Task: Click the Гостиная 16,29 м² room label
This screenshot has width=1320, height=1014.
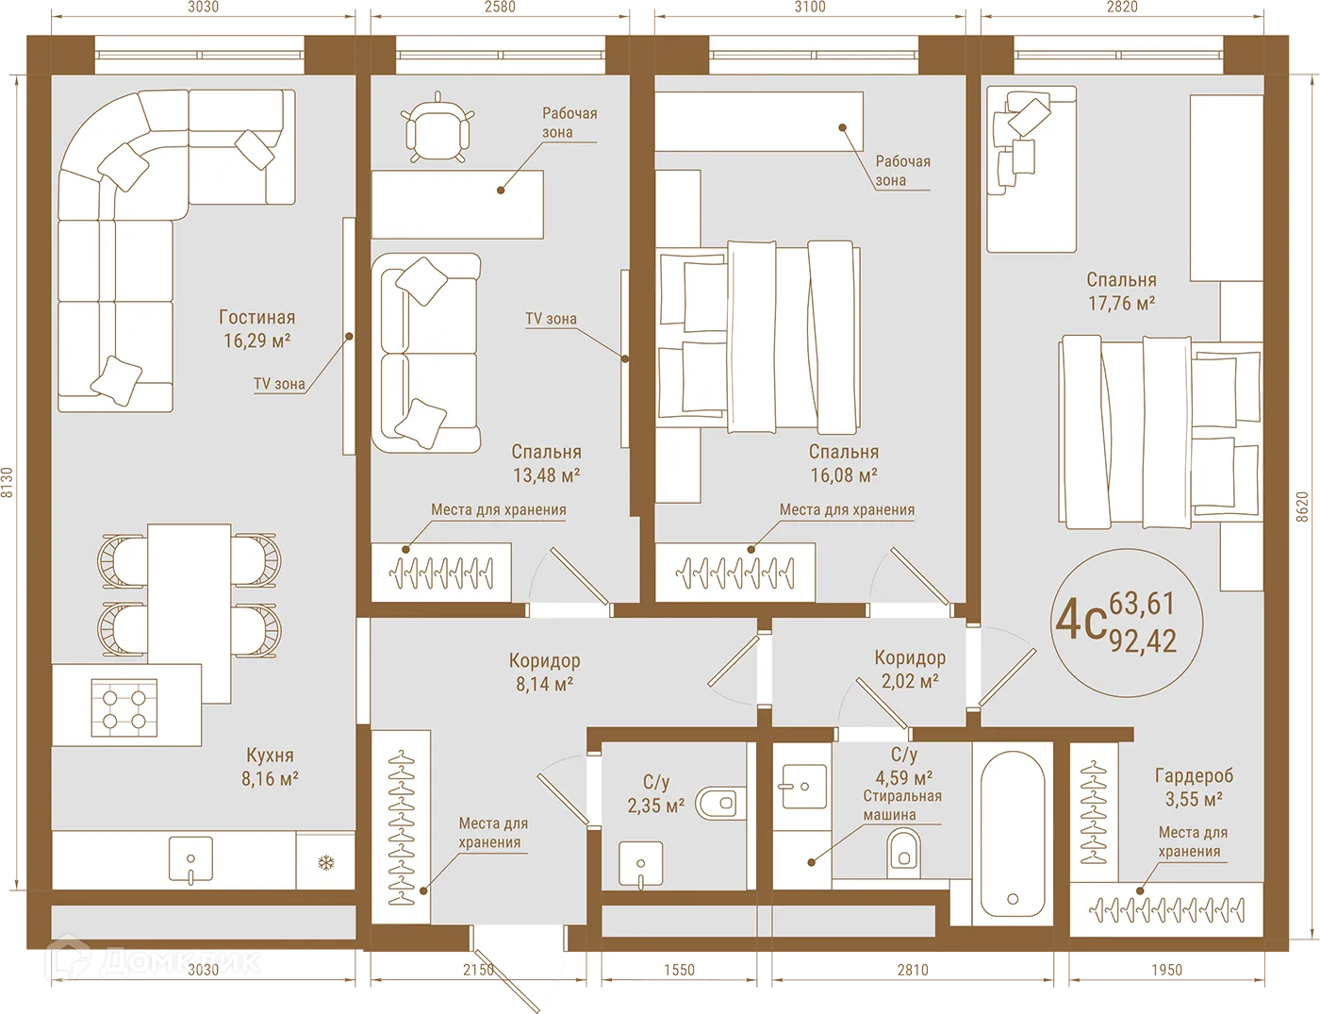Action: [256, 329]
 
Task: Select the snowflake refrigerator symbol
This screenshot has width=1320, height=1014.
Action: [325, 862]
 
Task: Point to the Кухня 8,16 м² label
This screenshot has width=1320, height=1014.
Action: [270, 767]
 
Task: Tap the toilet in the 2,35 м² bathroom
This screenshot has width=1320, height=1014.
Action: [717, 804]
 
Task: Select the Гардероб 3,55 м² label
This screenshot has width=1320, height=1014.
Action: [1194, 787]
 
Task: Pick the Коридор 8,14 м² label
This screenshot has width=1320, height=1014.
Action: [544, 672]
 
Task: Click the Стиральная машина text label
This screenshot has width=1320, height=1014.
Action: [902, 805]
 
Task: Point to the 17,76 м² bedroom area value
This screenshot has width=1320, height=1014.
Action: [1121, 303]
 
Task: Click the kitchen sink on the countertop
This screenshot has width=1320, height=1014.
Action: [190, 859]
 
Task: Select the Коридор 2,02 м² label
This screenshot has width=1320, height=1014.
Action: [910, 669]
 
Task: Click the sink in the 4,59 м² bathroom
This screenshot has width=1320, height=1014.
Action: [804, 786]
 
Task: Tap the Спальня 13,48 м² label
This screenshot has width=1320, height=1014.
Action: [546, 463]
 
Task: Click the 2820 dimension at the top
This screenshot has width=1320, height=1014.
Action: [1121, 8]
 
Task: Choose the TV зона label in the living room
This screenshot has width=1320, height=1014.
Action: [279, 384]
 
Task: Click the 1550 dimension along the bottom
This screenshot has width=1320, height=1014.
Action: [679, 970]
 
